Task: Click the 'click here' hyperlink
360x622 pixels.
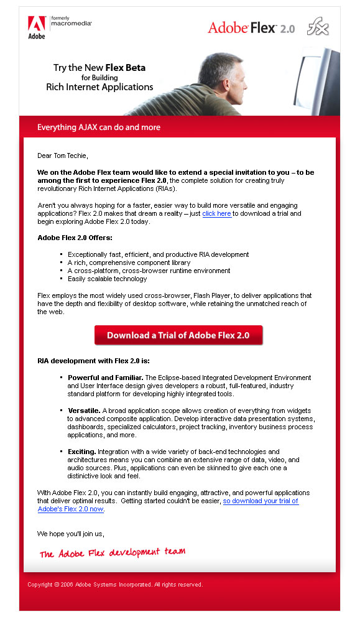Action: pyautogui.click(x=216, y=213)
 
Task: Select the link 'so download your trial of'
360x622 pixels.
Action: pyautogui.click(x=261, y=501)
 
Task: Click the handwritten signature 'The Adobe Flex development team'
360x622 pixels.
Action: pyautogui.click(x=113, y=552)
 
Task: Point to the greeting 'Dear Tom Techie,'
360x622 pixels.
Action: pyautogui.click(x=63, y=155)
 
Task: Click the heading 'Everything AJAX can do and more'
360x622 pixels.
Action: pyautogui.click(x=99, y=128)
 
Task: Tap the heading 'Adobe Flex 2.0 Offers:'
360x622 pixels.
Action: pyautogui.click(x=75, y=238)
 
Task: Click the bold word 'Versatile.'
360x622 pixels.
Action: pyautogui.click(x=84, y=411)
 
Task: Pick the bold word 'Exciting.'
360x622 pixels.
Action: pyautogui.click(x=81, y=452)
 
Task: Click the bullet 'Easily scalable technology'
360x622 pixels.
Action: pyautogui.click(x=108, y=279)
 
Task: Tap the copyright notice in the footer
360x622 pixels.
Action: pyautogui.click(x=115, y=585)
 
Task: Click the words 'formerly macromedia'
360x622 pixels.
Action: pyautogui.click(x=71, y=21)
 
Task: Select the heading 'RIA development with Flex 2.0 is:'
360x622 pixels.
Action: pyautogui.click(x=93, y=361)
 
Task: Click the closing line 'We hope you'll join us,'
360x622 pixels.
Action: pyautogui.click(x=70, y=534)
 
